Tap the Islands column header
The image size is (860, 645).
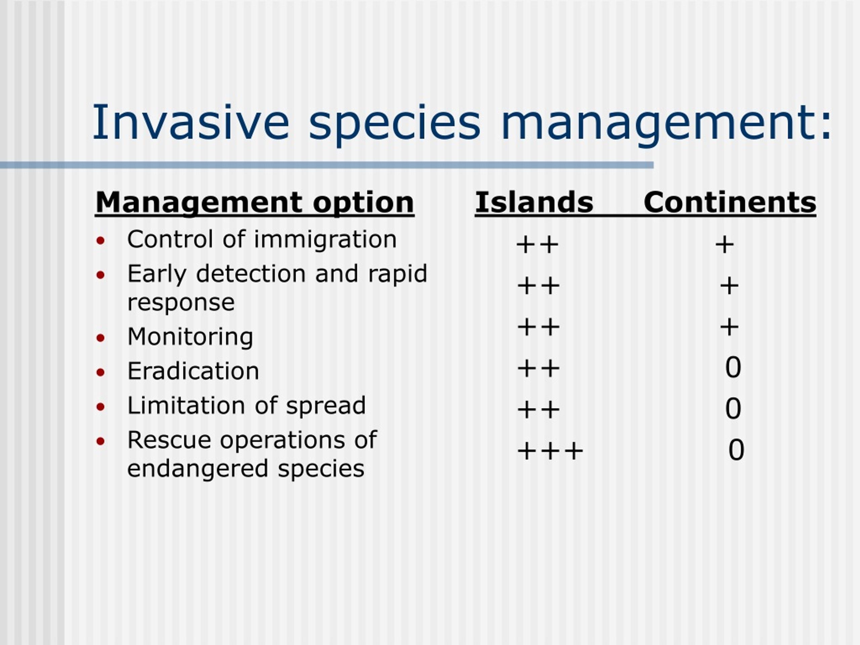coord(534,202)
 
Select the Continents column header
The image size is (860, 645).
coord(730,203)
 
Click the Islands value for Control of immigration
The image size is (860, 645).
coord(537,245)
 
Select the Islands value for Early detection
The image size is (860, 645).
coord(539,286)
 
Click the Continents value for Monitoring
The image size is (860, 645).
coord(729,327)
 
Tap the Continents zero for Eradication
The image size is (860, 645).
coord(733,367)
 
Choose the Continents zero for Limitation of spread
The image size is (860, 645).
coord(733,408)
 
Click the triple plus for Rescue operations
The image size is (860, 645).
coord(550,451)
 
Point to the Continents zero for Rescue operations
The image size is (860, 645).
coord(736,450)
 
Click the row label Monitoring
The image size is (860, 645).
coord(190,337)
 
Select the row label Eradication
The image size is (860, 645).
coord(193,371)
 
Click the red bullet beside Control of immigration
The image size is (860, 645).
coord(101,241)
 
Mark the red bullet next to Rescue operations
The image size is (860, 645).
coord(101,441)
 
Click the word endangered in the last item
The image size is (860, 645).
coord(198,469)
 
